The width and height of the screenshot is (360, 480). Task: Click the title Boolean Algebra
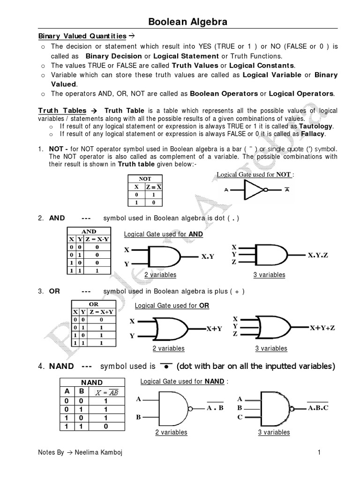click(188, 22)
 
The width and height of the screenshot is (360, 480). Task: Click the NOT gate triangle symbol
click(252, 190)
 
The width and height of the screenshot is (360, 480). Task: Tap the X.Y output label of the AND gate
click(207, 256)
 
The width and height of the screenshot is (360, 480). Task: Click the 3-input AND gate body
click(271, 255)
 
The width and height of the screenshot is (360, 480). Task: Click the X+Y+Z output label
click(322, 328)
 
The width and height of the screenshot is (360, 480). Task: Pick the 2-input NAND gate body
click(173, 408)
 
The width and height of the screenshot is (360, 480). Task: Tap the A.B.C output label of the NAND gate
click(318, 408)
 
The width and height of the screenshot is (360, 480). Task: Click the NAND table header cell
click(92, 382)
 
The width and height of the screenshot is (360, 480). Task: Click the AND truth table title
click(89, 231)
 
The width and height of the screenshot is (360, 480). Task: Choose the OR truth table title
click(93, 304)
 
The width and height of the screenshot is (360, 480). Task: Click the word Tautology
click(316, 127)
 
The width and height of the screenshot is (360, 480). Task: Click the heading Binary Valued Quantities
click(82, 36)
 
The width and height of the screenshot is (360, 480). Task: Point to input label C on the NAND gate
click(240, 417)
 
